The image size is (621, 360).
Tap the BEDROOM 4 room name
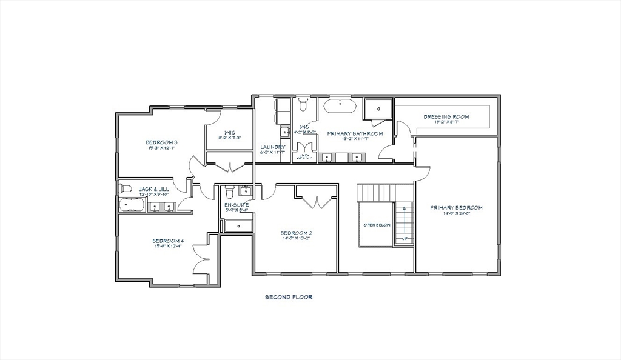168,241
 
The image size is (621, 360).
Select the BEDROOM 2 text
296,232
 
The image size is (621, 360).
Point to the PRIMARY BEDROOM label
456,208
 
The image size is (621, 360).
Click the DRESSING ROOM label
446,116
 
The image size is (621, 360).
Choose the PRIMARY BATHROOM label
355,133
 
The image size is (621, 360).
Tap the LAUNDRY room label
272,147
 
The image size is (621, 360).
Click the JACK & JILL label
154,189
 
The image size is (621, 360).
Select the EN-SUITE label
237,205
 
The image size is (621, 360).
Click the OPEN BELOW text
377,225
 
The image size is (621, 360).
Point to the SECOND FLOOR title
288,297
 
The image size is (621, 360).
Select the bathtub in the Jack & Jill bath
131,205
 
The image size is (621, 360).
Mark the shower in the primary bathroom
379,109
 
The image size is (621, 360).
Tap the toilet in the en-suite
229,193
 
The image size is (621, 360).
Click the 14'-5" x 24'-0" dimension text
456,214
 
